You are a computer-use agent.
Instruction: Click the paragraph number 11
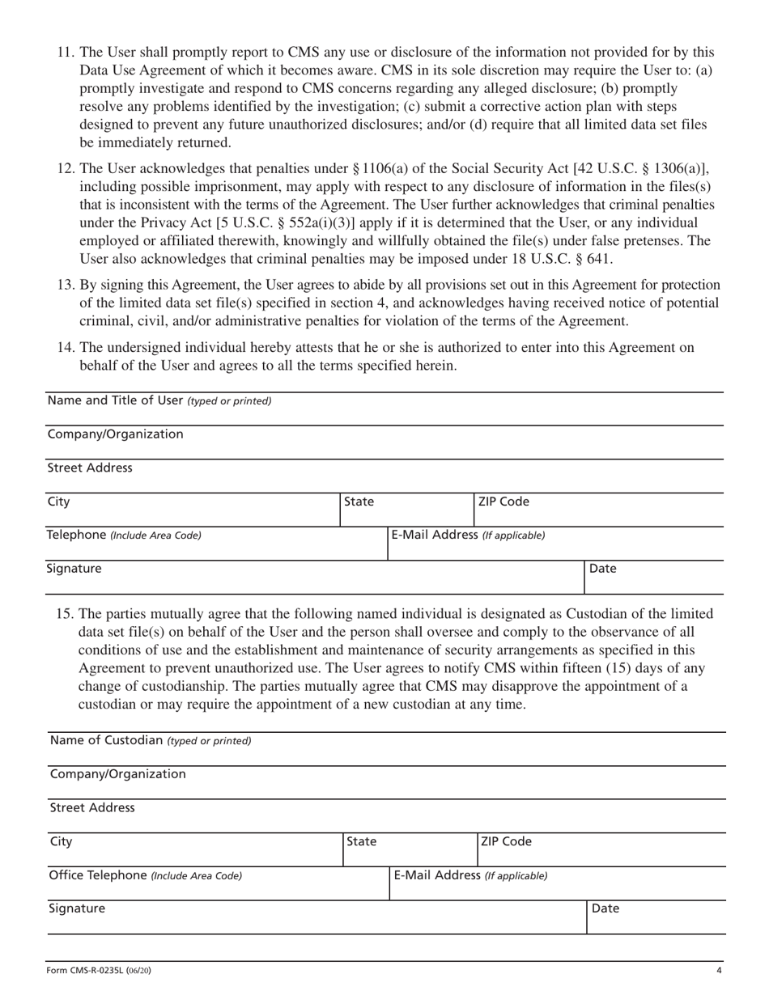[x=66, y=52]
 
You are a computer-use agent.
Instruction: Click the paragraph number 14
[x=66, y=347]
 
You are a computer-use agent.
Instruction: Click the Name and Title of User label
[x=159, y=400]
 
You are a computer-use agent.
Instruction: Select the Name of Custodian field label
[x=150, y=740]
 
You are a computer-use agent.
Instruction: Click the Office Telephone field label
[x=145, y=875]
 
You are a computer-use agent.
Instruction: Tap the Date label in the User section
[x=603, y=569]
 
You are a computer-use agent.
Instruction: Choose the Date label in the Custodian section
[x=605, y=908]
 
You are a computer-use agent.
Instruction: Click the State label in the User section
[x=359, y=502]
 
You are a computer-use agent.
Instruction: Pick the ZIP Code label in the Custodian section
[x=506, y=841]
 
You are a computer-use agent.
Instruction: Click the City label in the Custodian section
[x=61, y=841]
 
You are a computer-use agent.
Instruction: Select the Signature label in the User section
[x=74, y=569]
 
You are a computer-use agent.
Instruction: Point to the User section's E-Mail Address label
[x=468, y=535]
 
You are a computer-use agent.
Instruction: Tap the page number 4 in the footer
[x=718, y=971]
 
